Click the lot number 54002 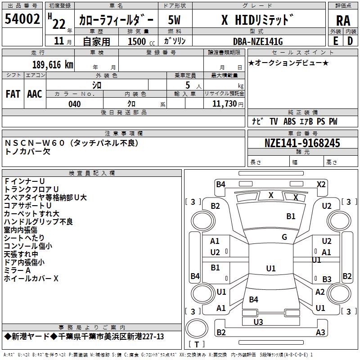(x=22, y=19)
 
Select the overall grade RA (x=343, y=21)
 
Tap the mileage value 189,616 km (x=53, y=65)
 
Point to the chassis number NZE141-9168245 (x=302, y=143)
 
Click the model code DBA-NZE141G (x=258, y=41)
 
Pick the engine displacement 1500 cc (x=141, y=41)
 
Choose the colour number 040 (x=75, y=104)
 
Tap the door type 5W (x=174, y=20)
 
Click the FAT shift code (x=13, y=94)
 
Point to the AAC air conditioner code (x=35, y=94)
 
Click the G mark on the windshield (x=284, y=237)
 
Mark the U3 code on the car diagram (x=258, y=322)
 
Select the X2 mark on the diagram (x=321, y=184)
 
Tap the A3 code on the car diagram (x=320, y=332)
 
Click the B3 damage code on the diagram (x=327, y=279)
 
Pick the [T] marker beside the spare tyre (x=197, y=344)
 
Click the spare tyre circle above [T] (x=197, y=328)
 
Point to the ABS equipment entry (x=289, y=121)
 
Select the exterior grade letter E (x=336, y=41)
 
